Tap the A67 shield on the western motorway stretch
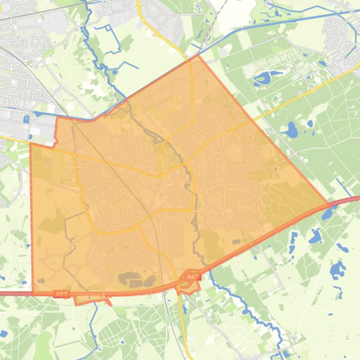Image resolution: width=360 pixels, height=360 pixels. pos(61,294)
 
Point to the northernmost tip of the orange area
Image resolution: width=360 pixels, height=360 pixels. pos(198,55)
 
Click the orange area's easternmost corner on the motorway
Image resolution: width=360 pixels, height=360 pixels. pos(329,204)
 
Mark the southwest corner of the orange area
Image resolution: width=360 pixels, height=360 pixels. pos(33,294)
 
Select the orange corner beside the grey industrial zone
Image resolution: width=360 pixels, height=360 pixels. pos(57,118)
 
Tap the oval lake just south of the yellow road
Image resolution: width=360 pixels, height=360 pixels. pos(292,129)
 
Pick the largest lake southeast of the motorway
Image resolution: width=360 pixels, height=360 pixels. pos(337,269)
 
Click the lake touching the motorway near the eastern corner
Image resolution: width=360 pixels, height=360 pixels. pos(327,214)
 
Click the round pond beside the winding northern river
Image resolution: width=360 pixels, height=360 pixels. pos(114,72)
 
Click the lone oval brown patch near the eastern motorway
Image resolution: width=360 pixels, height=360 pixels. pos(236,242)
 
